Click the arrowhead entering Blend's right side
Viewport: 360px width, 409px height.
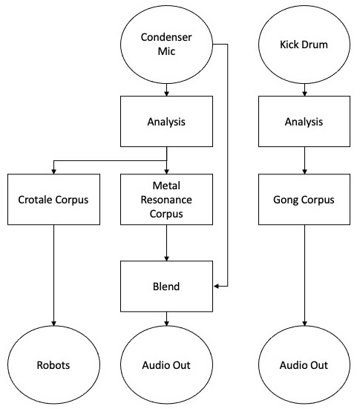click(x=216, y=286)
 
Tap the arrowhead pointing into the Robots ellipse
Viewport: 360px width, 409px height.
click(x=53, y=324)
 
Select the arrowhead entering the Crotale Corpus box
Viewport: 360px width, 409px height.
click(x=53, y=171)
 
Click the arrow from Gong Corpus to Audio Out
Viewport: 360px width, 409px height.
click(x=304, y=275)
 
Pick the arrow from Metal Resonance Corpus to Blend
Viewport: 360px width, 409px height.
click(x=167, y=243)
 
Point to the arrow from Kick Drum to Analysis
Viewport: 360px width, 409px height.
click(x=304, y=90)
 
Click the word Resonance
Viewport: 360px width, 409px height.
click(x=166, y=200)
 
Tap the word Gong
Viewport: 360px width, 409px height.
click(x=285, y=200)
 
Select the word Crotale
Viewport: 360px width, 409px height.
click(x=35, y=200)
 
